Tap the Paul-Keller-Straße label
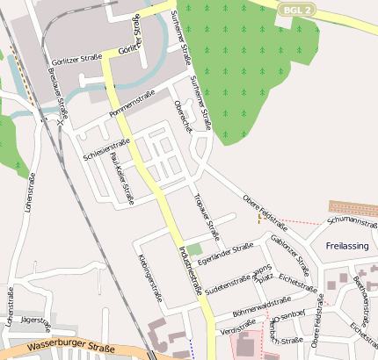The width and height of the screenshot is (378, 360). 122,176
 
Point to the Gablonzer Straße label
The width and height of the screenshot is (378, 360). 290,254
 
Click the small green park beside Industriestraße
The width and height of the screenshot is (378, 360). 194,249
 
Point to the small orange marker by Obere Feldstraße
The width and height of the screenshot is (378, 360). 258,220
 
